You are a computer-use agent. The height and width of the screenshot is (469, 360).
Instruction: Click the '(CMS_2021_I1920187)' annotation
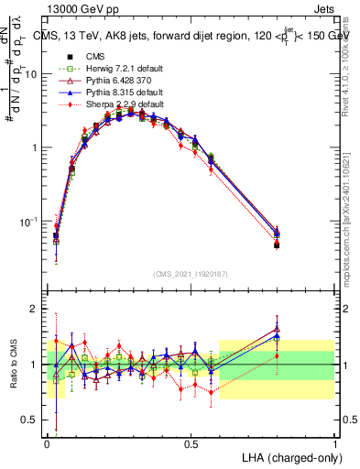(x=191, y=274)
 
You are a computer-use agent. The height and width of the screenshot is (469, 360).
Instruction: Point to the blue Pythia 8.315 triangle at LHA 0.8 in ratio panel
(x=278, y=336)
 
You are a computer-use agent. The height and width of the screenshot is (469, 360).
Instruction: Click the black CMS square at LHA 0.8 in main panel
(x=278, y=245)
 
